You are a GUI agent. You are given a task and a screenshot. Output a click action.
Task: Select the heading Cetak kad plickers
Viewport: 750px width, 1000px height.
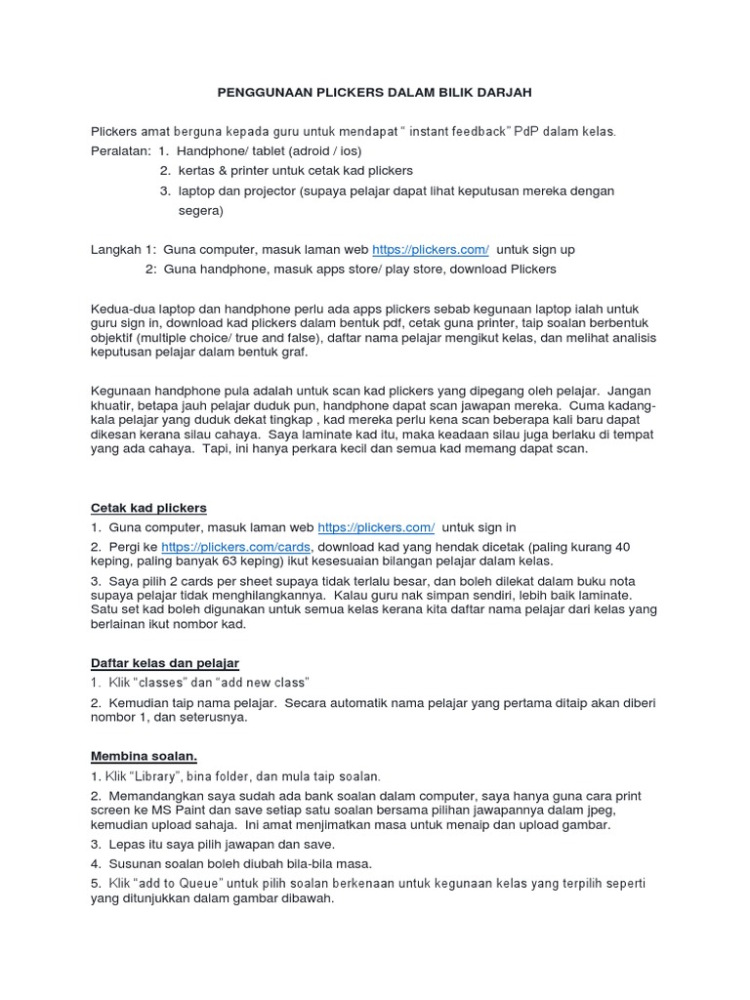(x=148, y=508)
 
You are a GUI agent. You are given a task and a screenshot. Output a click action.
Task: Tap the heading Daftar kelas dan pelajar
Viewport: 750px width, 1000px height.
(x=165, y=663)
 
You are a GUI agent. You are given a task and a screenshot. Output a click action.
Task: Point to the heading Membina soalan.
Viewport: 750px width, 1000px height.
(x=144, y=757)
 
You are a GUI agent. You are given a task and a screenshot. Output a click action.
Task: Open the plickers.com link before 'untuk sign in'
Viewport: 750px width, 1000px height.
(x=376, y=526)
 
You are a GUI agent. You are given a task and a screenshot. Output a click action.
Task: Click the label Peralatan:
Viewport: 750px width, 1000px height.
(x=121, y=150)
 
